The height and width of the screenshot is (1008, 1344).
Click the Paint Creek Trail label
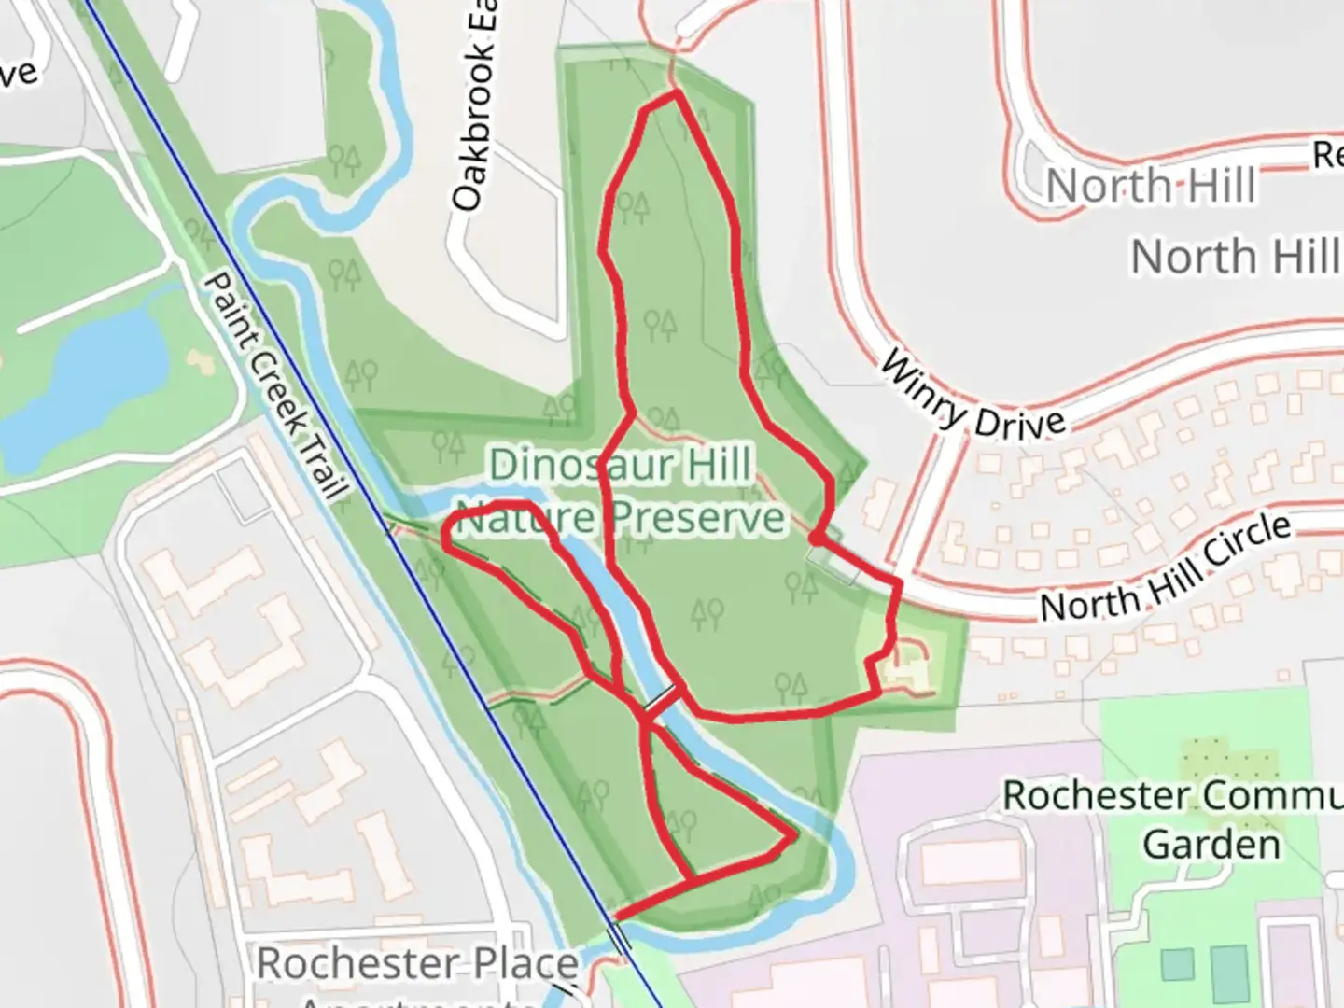coord(275,385)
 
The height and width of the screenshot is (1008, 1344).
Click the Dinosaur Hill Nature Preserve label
coord(622,491)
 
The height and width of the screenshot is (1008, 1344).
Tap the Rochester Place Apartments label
coord(416,971)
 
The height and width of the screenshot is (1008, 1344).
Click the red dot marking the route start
coord(815,539)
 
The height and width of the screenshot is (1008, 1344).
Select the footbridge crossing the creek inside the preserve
coord(659,698)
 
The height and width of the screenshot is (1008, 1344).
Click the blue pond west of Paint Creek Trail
coord(84,383)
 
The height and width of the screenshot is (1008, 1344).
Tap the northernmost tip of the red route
coord(674,93)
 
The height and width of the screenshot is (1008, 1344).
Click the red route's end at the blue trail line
coord(615,917)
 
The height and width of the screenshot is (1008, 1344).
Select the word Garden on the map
coord(1211,845)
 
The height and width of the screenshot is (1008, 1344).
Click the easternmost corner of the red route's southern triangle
coord(794,836)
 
